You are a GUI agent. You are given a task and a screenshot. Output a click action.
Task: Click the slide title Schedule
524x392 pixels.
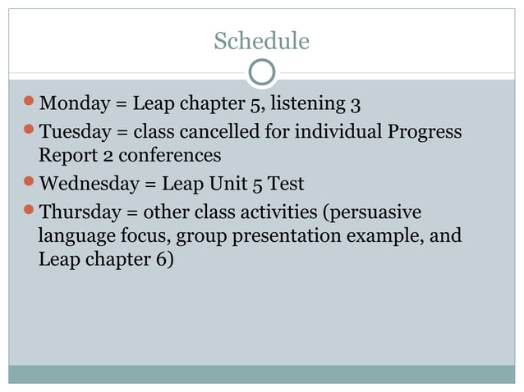tap(261, 41)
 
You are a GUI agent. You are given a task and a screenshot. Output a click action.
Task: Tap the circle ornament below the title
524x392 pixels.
tap(261, 73)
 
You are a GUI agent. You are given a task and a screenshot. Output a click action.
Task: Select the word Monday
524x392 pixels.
tap(75, 104)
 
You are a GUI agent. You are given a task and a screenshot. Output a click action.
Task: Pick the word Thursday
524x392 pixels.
tap(79, 212)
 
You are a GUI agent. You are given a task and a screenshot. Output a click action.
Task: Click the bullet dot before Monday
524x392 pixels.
tap(30, 103)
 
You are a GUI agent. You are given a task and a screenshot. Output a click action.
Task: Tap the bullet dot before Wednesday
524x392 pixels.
tap(30, 181)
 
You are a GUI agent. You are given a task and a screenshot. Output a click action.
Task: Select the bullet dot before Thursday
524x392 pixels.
tap(30, 211)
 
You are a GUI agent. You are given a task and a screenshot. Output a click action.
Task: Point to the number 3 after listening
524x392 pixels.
tap(356, 104)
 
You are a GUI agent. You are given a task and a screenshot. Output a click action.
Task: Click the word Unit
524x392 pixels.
tap(228, 183)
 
